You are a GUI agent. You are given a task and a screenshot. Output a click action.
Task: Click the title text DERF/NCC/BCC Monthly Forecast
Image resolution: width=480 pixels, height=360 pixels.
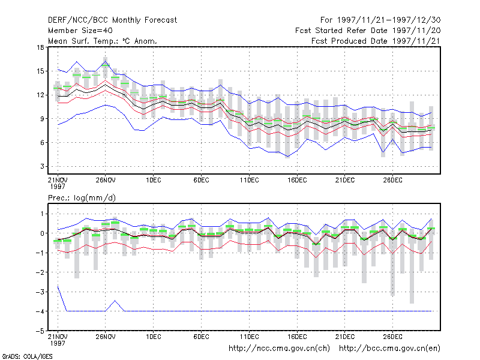point(112,20)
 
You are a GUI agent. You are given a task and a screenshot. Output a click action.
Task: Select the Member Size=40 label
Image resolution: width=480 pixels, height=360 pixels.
point(80,31)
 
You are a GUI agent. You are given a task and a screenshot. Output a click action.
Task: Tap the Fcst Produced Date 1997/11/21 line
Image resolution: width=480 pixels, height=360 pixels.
point(376,41)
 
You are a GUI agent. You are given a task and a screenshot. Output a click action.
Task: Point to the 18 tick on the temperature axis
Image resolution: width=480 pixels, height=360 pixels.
point(40,47)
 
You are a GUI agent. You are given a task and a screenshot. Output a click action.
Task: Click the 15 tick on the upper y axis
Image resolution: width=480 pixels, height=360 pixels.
point(40,71)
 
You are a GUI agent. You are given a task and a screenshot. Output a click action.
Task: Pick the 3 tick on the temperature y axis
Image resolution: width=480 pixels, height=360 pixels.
point(42,166)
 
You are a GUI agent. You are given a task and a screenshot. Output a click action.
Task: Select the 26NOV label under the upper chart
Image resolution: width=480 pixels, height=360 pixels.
point(106,180)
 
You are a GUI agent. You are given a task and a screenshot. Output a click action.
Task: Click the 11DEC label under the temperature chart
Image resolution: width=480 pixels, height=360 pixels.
point(249,180)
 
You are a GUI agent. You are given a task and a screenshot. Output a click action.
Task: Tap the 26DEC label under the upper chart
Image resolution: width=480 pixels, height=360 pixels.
point(393,180)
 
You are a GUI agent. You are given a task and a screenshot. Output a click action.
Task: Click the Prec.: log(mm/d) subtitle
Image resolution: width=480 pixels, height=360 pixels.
point(82,198)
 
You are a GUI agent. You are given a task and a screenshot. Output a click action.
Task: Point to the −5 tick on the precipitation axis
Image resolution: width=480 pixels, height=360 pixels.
point(40,331)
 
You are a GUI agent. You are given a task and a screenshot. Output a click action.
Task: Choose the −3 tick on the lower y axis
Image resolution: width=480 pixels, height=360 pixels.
point(40,292)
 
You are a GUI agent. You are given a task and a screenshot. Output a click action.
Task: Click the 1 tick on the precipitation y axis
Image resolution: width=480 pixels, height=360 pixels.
point(42,214)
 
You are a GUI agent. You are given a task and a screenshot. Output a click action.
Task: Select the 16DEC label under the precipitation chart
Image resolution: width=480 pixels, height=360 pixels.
point(297,337)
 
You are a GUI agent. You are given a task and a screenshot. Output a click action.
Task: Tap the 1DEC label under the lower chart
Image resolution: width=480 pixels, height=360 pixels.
point(154,337)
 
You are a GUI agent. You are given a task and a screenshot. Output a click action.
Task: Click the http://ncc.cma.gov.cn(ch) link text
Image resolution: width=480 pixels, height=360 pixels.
point(279,349)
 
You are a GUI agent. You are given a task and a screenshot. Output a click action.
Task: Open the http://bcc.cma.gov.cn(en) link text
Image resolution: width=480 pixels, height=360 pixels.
point(389,349)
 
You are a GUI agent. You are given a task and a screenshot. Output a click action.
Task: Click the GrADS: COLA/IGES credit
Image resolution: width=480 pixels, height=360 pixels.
point(28,356)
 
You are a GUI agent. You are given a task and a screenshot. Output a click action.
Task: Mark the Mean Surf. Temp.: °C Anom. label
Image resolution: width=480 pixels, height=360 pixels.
point(103,41)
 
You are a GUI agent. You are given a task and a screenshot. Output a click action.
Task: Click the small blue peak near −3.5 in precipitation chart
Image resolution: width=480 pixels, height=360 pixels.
point(115,301)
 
